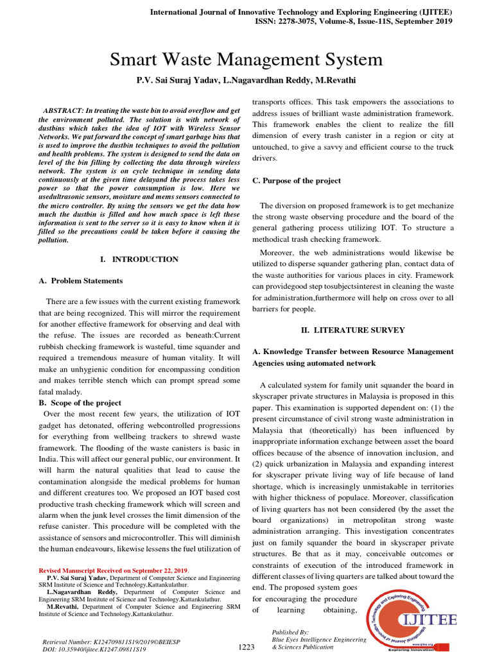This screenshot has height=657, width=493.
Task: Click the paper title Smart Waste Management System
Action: pyautogui.click(x=246, y=60)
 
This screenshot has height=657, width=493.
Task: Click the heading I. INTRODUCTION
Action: pyautogui.click(x=139, y=259)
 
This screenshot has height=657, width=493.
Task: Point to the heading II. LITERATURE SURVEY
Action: pyautogui.click(x=353, y=330)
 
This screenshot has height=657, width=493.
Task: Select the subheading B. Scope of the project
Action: pyautogui.click(x=80, y=403)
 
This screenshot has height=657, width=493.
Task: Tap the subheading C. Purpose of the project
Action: pyautogui.click(x=296, y=181)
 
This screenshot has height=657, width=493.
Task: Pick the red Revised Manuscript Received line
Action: pyautogui.click(x=114, y=570)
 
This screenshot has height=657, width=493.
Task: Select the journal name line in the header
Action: pyautogui.click(x=301, y=12)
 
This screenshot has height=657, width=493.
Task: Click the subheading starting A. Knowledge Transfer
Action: pyautogui.click(x=353, y=352)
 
